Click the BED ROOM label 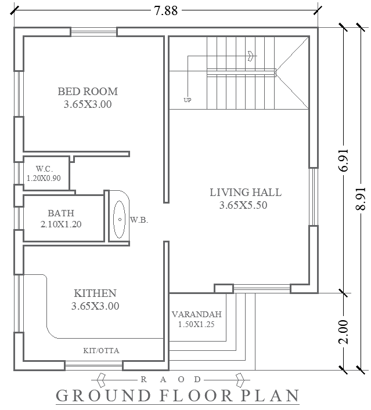pyautogui.click(x=87, y=91)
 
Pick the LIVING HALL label pyautogui.click(x=245, y=193)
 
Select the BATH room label pyautogui.click(x=61, y=213)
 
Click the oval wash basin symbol pyautogui.click(x=119, y=220)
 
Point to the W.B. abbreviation pyautogui.click(x=138, y=220)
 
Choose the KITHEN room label pyautogui.click(x=95, y=293)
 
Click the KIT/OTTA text pyautogui.click(x=102, y=350)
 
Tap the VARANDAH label pyautogui.click(x=196, y=314)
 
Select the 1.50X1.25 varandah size pyautogui.click(x=196, y=325)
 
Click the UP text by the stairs pyautogui.click(x=187, y=100)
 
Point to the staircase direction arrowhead pyautogui.click(x=251, y=56)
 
